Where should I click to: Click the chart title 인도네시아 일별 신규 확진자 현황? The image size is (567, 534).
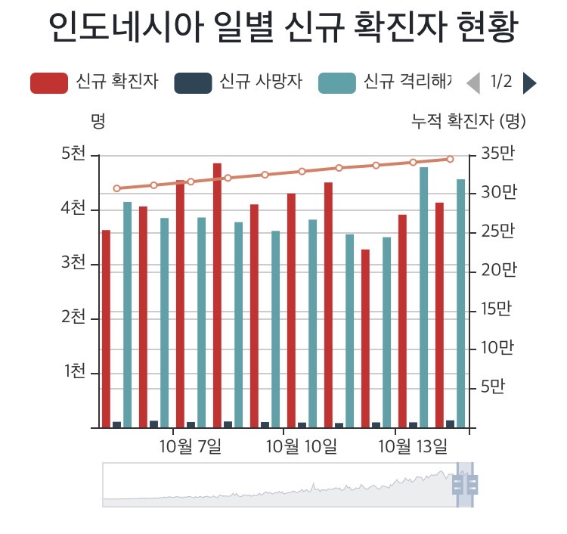(283, 29)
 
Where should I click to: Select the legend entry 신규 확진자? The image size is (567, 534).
(94, 82)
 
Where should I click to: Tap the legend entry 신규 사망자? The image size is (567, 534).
(239, 82)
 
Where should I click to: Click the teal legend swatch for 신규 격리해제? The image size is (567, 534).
(336, 82)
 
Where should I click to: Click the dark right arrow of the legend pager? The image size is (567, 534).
(529, 82)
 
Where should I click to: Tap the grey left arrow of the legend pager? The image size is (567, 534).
(473, 82)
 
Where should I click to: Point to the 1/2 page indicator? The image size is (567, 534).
(501, 82)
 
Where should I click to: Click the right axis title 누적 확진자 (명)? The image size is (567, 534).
(468, 120)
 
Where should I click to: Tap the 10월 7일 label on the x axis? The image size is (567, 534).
(191, 446)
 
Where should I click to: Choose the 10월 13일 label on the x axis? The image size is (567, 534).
(413, 446)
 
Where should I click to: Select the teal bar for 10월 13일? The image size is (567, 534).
(424, 295)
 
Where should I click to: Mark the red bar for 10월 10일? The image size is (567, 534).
(291, 310)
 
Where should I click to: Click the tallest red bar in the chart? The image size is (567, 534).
(217, 295)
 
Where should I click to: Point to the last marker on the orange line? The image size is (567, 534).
(450, 159)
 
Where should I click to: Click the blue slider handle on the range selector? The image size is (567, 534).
(465, 483)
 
